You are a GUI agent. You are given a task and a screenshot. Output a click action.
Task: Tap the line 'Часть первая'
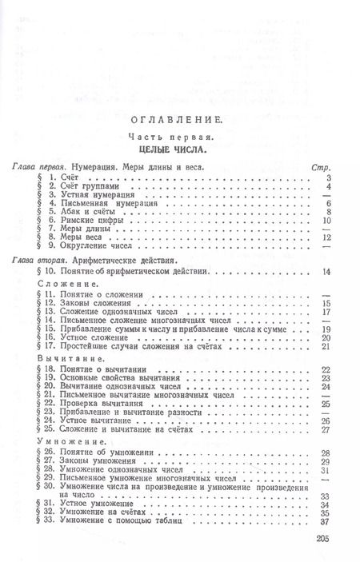[x=180, y=136]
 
